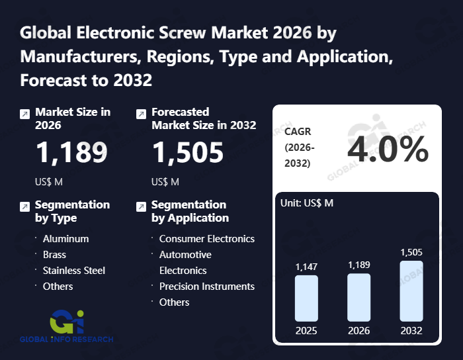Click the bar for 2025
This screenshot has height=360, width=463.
[306, 298]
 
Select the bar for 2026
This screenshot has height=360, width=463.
[358, 298]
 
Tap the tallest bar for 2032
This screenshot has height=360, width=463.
[411, 291]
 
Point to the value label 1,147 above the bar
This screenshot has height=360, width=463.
[306, 266]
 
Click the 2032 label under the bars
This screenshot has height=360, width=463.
[411, 330]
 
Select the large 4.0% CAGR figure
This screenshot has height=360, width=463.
[388, 151]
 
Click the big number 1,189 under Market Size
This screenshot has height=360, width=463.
[71, 153]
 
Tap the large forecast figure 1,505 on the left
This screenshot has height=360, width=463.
[188, 153]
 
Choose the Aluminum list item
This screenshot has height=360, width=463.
[65, 239]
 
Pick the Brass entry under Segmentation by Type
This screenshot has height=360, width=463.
[54, 255]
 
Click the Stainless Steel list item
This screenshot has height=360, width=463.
[73, 271]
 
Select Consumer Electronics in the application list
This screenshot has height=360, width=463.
[206, 239]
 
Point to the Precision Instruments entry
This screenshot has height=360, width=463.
[206, 287]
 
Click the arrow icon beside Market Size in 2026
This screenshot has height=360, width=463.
[24, 114]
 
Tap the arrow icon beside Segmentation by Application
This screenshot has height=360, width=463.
[141, 206]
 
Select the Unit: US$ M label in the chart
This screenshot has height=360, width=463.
[308, 203]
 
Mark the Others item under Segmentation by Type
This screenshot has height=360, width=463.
[58, 287]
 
